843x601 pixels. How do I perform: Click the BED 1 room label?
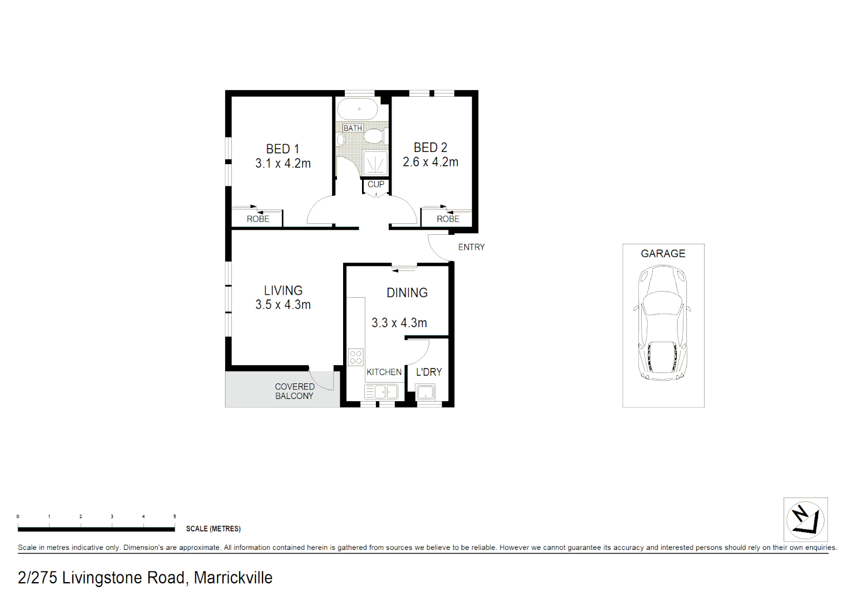pyautogui.click(x=282, y=149)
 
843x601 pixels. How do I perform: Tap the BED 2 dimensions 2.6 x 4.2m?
pyautogui.click(x=430, y=162)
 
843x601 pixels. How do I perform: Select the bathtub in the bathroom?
pyautogui.click(x=358, y=109)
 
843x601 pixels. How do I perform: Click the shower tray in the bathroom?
pyautogui.click(x=375, y=163)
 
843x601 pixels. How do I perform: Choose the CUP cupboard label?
pyautogui.click(x=376, y=184)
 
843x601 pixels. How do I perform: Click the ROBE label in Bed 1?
pyautogui.click(x=258, y=219)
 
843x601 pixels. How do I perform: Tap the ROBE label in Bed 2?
pyautogui.click(x=448, y=219)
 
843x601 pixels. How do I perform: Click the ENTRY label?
pyautogui.click(x=471, y=247)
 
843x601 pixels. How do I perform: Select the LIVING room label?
pyautogui.click(x=283, y=290)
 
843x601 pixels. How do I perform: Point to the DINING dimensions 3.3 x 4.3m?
pyautogui.click(x=399, y=323)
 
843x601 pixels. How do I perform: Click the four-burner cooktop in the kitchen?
pyautogui.click(x=355, y=357)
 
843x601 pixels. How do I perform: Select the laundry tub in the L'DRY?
pyautogui.click(x=425, y=392)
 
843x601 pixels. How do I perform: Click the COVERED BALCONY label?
pyautogui.click(x=294, y=391)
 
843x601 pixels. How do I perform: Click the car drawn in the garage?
pyautogui.click(x=662, y=323)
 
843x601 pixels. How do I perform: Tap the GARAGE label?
pyautogui.click(x=663, y=254)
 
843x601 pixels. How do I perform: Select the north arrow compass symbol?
pyautogui.click(x=805, y=520)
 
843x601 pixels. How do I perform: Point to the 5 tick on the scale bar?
pyautogui.click(x=175, y=517)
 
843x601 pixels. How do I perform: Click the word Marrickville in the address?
pyautogui.click(x=233, y=578)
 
